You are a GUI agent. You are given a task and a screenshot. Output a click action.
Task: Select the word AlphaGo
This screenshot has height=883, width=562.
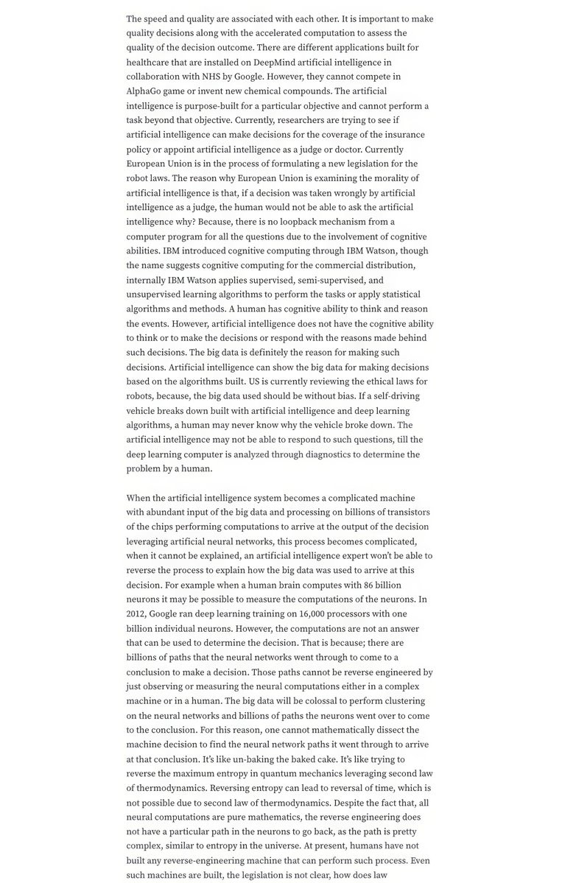pyautogui.click(x=146, y=91)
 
